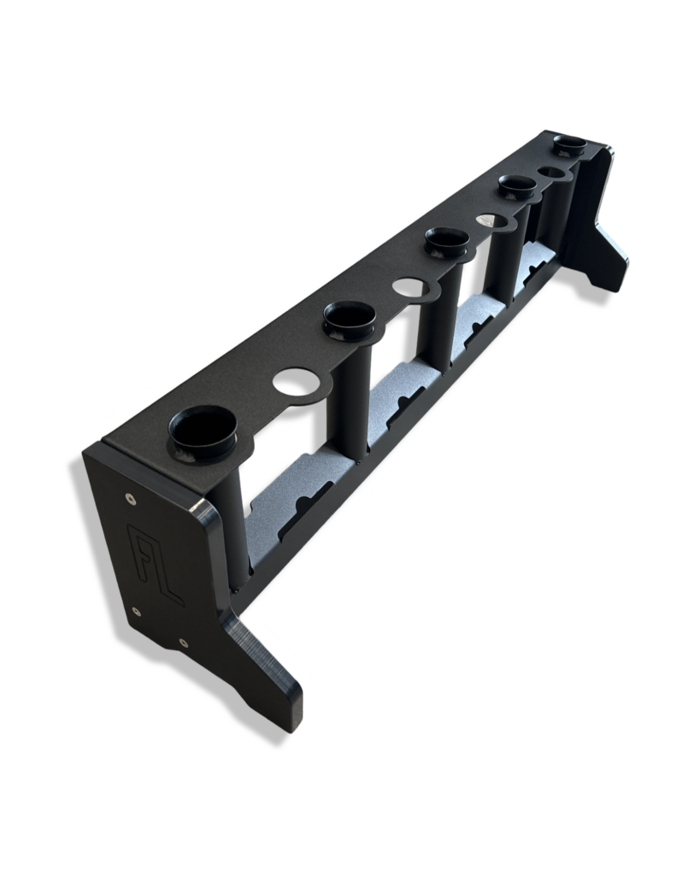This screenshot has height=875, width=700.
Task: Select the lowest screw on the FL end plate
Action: click(x=184, y=642)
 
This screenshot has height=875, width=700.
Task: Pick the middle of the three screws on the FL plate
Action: click(x=137, y=610)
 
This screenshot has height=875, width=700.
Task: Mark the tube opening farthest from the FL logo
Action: click(x=568, y=143)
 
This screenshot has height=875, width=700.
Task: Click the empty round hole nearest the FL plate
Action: click(x=293, y=380)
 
